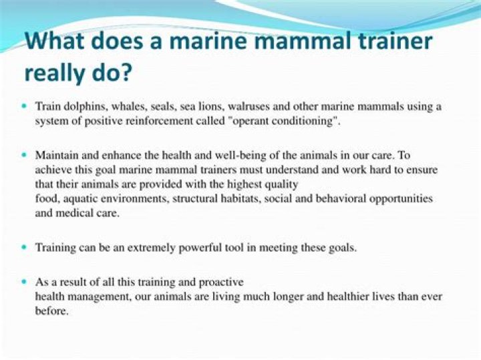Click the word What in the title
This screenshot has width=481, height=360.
(55, 41)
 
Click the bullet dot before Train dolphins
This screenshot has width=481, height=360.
(24, 106)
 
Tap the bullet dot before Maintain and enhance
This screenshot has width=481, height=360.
(24, 155)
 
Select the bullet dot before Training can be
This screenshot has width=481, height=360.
(24, 247)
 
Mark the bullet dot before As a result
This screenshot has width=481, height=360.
(24, 281)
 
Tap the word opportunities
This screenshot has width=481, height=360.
(401, 199)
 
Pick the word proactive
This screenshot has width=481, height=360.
(221, 282)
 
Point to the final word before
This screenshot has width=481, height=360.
(51, 311)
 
